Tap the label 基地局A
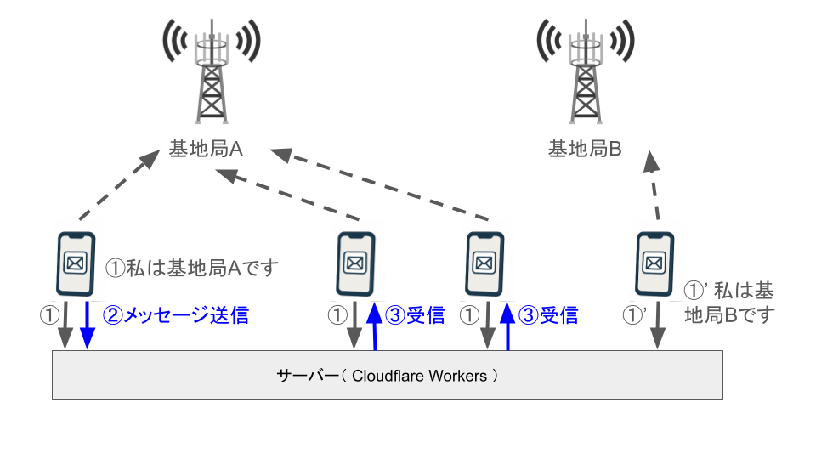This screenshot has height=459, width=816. coord(207,150)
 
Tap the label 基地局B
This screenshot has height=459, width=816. coord(585,150)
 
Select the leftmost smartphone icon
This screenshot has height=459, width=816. coord(75,263)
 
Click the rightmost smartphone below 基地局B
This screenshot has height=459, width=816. coord(656,263)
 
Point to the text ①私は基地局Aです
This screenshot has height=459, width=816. coord(192,268)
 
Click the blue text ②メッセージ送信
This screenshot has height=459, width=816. coord(176,315)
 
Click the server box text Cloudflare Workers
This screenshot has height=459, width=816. coord(420,375)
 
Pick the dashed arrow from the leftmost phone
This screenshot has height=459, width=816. coord(118,183)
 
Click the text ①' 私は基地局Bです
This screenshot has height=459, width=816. coord(729,303)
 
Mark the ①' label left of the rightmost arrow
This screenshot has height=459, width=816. coord(635,315)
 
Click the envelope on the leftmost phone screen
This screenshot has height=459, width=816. coord(75,263)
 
